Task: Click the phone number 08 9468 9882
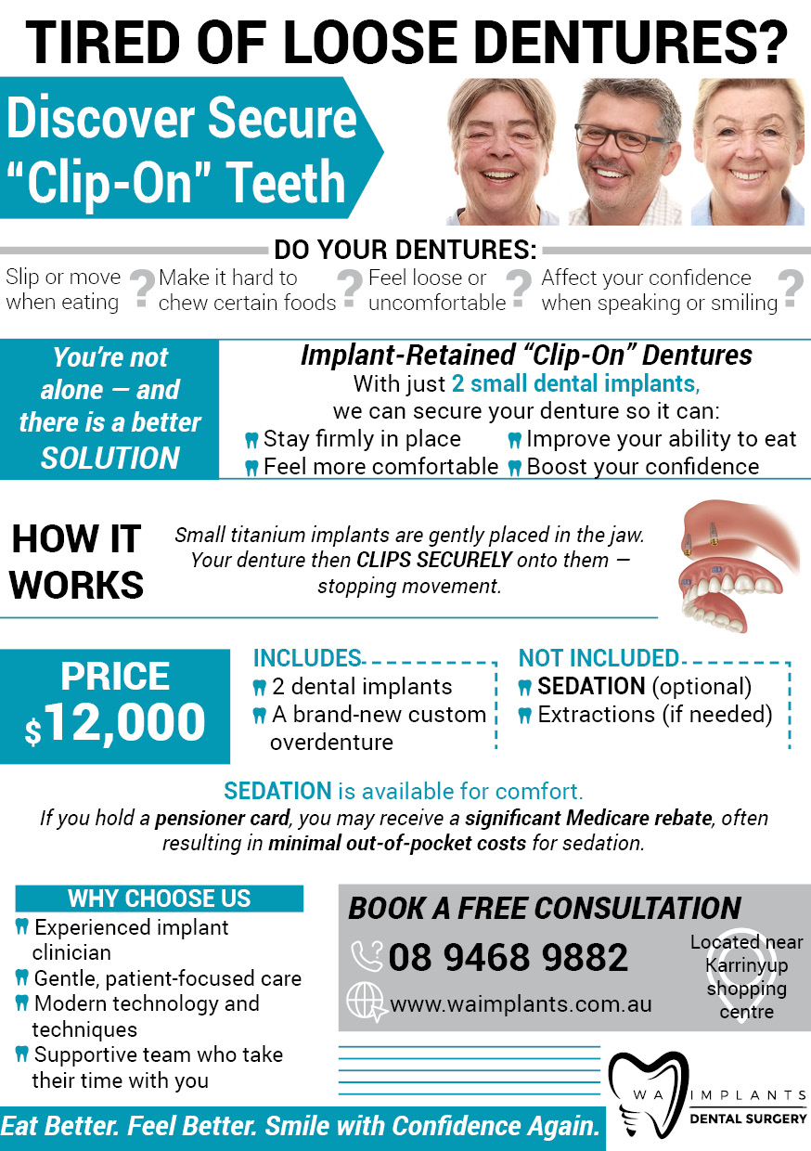(x=508, y=957)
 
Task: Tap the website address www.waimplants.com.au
(x=521, y=1003)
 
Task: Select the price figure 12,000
(x=126, y=721)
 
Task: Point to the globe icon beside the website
(x=365, y=1002)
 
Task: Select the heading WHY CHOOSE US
(x=159, y=899)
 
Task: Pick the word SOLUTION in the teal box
(x=110, y=458)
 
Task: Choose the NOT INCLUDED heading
(x=599, y=658)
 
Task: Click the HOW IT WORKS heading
(x=77, y=562)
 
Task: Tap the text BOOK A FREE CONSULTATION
(x=545, y=908)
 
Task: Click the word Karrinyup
(x=746, y=966)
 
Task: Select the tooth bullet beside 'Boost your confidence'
(x=514, y=468)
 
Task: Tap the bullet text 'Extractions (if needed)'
(x=654, y=715)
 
